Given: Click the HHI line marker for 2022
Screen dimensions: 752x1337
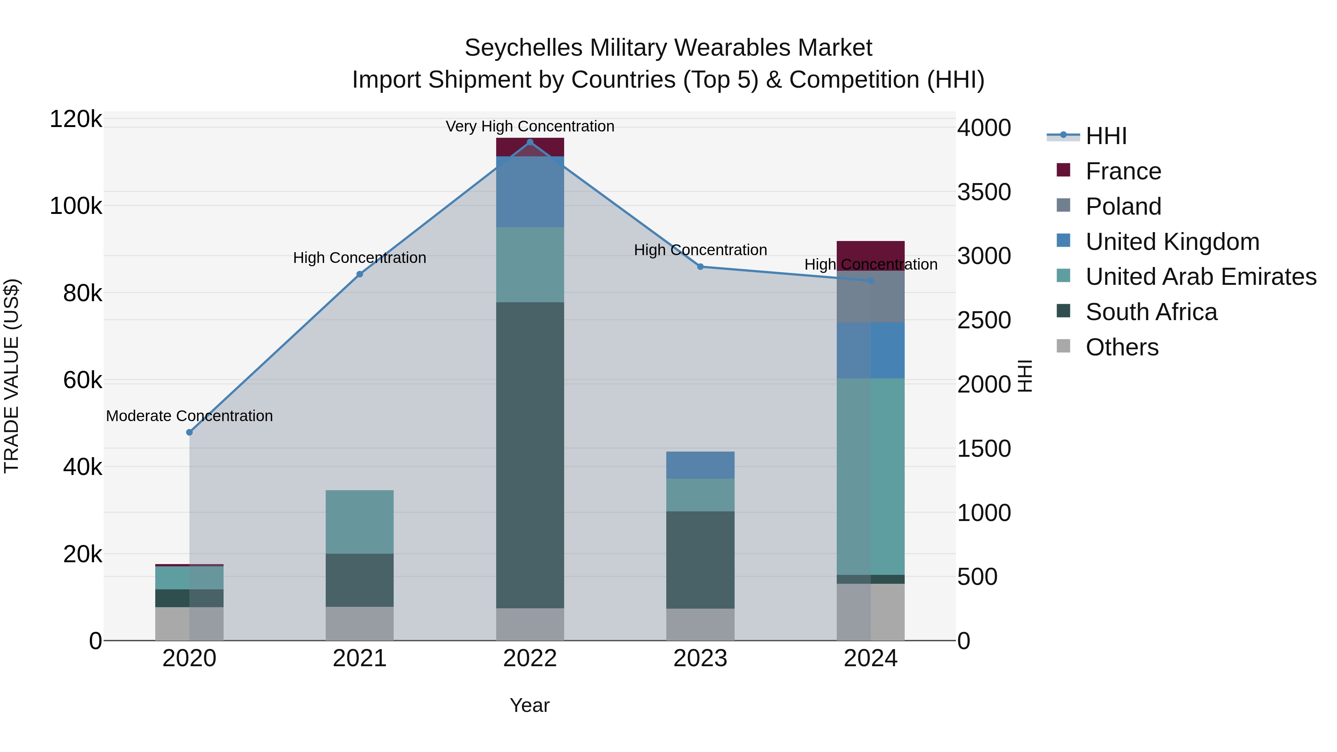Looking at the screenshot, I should pyautogui.click(x=530, y=142).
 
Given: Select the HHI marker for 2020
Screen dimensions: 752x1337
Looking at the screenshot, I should pyautogui.click(x=189, y=432).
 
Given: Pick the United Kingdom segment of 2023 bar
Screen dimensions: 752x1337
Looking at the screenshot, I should pyautogui.click(x=700, y=465).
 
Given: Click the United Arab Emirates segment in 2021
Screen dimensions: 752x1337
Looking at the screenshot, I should pyautogui.click(x=360, y=522).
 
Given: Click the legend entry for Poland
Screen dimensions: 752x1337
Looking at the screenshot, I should pyautogui.click(x=1123, y=206).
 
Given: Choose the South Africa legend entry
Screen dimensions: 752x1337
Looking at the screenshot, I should pyautogui.click(x=1151, y=312).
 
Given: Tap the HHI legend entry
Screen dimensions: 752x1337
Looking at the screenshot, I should pyautogui.click(x=1106, y=136).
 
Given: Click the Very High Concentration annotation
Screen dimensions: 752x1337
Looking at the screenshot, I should pyautogui.click(x=530, y=126).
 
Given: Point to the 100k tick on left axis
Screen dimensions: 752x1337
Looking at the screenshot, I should pyautogui.click(x=76, y=206).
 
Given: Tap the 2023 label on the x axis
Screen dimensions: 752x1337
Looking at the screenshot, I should pyautogui.click(x=700, y=658).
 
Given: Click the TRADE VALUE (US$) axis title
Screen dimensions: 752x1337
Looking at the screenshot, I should pyautogui.click(x=12, y=376).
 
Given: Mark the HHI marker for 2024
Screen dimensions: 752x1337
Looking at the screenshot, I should pyautogui.click(x=871, y=281).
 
